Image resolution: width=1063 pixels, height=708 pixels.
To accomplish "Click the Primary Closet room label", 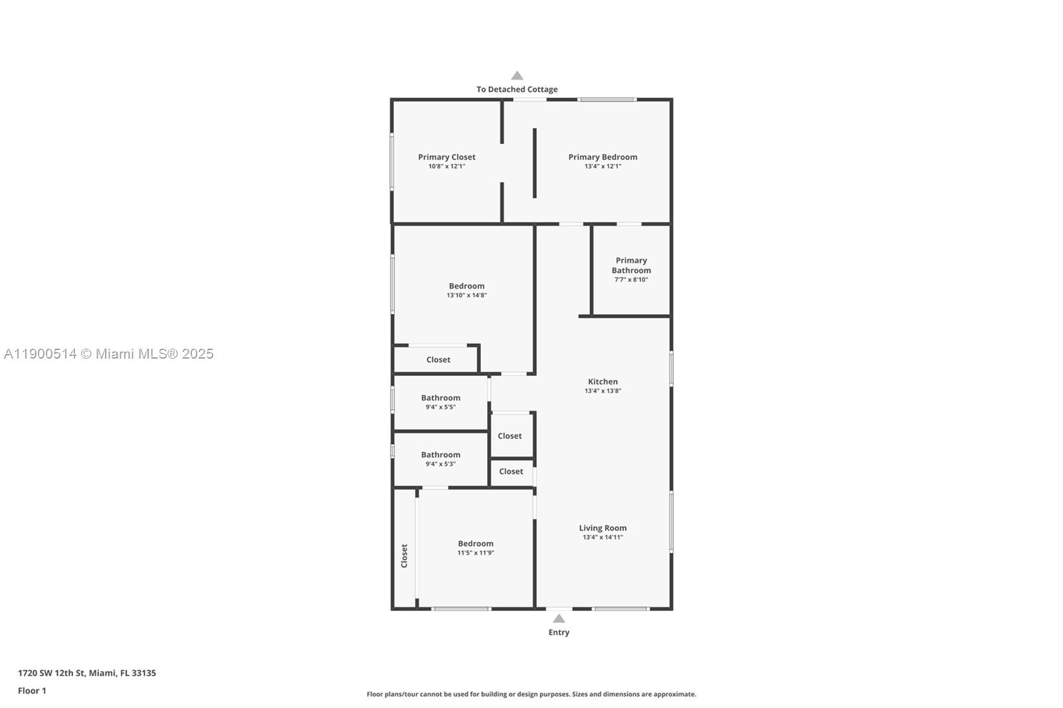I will coord(446,157).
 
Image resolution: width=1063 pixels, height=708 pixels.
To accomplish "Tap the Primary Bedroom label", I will coord(603,157).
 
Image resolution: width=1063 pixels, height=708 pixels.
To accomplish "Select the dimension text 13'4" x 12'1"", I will coord(603,167).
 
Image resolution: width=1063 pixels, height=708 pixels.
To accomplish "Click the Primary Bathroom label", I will coord(631,266).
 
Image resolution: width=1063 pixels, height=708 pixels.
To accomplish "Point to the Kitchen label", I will coord(603,382).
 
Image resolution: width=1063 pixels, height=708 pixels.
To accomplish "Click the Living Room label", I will coord(603,529).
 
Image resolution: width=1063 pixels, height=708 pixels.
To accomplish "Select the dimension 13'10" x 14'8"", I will coord(466,296).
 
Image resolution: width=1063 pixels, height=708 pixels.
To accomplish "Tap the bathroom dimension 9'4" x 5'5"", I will coord(440,407).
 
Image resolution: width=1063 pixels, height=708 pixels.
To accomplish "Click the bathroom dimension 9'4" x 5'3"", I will coord(440,464).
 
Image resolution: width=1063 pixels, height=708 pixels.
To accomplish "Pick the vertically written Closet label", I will coord(404,556).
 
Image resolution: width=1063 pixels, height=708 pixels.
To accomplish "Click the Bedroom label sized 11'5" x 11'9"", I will coord(476,544).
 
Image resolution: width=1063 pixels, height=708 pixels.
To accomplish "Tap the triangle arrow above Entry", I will coord(559,618).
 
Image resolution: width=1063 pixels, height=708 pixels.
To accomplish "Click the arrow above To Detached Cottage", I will coord(517,76).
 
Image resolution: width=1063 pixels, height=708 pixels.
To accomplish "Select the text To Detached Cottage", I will coord(517,90).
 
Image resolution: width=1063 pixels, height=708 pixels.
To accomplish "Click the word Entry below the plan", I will coord(559,632).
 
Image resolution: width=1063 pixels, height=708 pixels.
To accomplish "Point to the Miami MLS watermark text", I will coord(109,354).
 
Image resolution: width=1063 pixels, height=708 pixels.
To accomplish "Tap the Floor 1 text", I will coord(32,691).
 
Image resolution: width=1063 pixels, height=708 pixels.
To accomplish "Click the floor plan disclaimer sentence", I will coord(531,694).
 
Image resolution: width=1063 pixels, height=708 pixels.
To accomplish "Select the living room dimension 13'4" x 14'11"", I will coord(603,537).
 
